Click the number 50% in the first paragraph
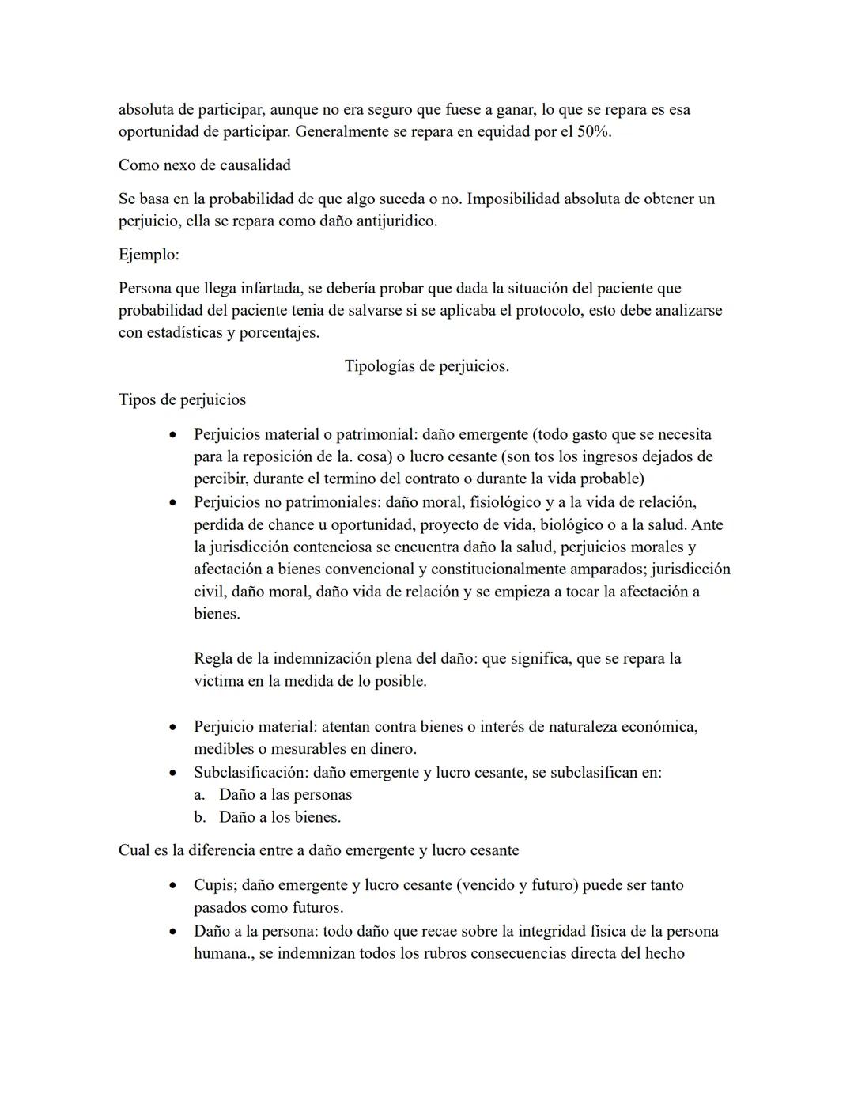tap(593, 131)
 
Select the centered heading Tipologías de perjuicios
tap(426, 366)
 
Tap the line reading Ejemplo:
tap(149, 255)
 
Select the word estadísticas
tap(183, 332)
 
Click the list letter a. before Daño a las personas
tap(199, 794)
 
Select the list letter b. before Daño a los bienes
tap(199, 817)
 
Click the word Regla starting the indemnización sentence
tap(213, 658)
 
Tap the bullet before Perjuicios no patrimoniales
tap(172, 503)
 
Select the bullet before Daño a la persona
tap(172, 932)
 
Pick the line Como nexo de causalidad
tap(204, 165)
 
